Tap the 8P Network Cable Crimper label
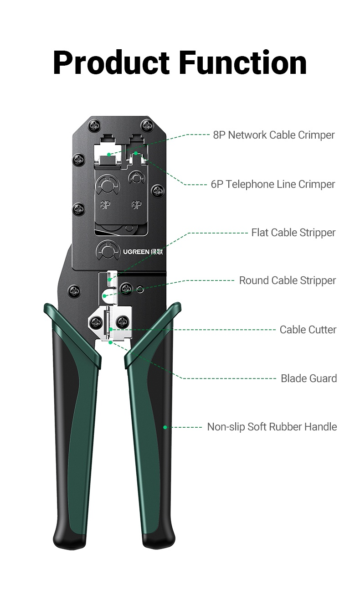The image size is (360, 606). click(x=273, y=135)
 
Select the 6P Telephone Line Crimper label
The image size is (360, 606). click(x=273, y=184)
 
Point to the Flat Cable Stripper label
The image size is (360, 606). click(x=293, y=233)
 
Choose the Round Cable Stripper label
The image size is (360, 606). click(x=287, y=280)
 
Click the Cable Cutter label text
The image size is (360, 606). click(x=308, y=330)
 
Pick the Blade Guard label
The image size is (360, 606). click(x=309, y=378)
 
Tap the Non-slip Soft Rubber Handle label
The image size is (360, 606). click(x=272, y=427)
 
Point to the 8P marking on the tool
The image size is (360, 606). click(x=106, y=205)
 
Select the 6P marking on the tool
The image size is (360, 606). click(x=136, y=205)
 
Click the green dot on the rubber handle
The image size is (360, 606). click(x=165, y=427)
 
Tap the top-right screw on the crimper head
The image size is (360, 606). click(x=146, y=124)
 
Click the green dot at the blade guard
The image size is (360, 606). click(x=110, y=342)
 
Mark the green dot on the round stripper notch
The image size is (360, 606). click(x=104, y=296)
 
